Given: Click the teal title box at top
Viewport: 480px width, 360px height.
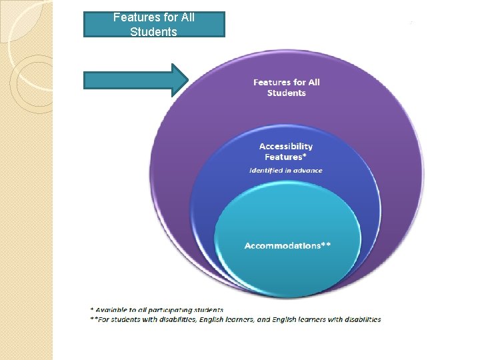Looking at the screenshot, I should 154,24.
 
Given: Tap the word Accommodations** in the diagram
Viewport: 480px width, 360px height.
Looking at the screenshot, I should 287,246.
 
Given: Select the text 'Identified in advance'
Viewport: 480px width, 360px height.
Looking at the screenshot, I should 285,171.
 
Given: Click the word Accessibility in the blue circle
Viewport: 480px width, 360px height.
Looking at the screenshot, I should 285,146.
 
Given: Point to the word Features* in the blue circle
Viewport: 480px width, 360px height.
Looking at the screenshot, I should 284,157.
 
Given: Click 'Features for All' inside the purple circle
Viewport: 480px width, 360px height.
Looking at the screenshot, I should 286,82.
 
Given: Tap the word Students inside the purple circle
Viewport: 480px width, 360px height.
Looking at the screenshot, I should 286,93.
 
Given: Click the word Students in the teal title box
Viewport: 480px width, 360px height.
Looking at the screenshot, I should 154,31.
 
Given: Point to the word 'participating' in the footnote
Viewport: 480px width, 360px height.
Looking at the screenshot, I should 167,310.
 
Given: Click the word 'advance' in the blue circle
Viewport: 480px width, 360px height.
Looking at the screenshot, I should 308,171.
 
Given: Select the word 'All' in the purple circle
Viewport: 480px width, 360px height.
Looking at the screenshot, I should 313,82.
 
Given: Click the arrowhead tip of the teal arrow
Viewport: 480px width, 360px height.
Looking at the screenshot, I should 189,80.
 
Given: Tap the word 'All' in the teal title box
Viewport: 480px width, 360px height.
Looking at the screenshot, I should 187,17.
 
